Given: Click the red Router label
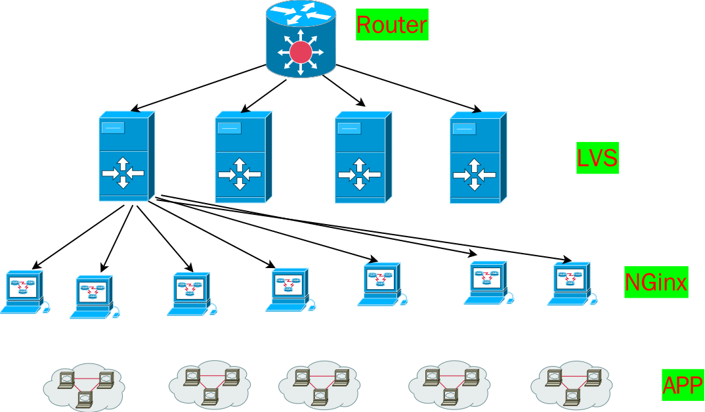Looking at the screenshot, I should [392, 24].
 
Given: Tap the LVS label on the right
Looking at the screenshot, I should [597, 158].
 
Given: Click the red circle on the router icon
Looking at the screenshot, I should [301, 52].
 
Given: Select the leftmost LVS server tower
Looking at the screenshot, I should [126, 156].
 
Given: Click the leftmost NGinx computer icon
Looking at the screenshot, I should [24, 291].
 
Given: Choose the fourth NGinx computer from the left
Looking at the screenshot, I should [288, 290].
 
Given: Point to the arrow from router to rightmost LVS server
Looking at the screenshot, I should [407, 87].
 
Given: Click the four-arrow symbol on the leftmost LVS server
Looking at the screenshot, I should [122, 173].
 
